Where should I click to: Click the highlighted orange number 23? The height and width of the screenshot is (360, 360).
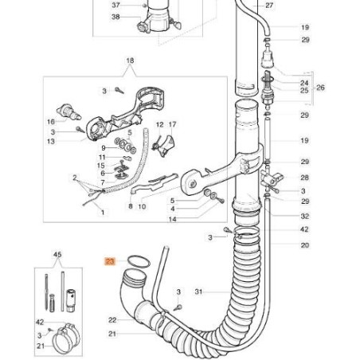coord(110,260)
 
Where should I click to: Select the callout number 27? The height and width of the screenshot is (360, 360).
coord(268,6)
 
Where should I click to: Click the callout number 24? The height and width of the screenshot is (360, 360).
coord(304,83)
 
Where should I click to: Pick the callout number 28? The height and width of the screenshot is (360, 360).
coord(305,178)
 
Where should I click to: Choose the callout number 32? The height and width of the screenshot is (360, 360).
coord(305,216)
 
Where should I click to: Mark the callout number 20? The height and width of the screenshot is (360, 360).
coord(305,245)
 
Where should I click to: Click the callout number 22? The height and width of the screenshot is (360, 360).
coord(112,319)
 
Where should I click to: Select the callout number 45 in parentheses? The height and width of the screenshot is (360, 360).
coord(57,255)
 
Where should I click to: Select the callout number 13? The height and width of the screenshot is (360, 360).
coord(74,141)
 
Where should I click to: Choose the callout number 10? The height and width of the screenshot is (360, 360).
coord(143,206)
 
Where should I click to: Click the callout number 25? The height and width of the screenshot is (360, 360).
coord(304,92)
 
